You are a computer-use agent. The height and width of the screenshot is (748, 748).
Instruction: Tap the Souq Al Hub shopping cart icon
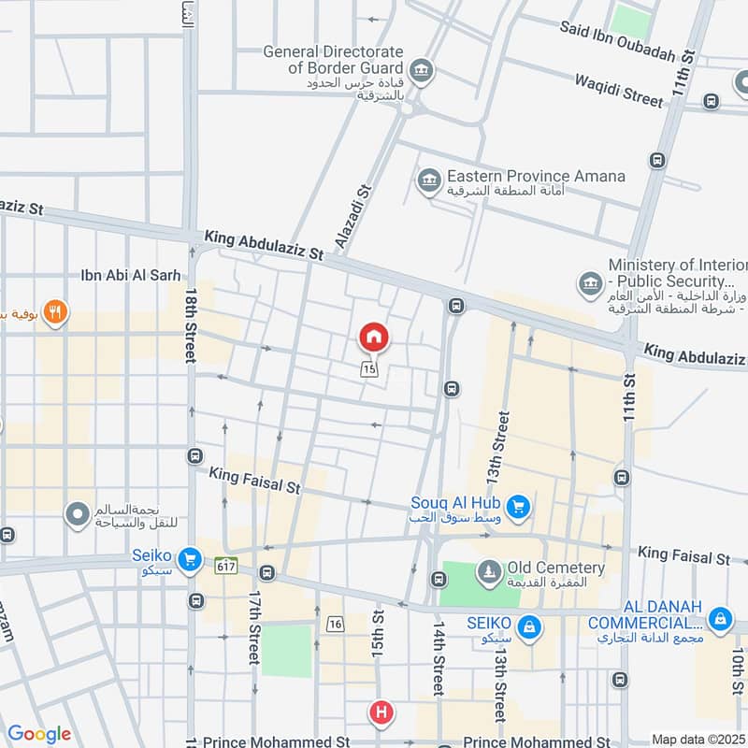pyautogui.click(x=521, y=509)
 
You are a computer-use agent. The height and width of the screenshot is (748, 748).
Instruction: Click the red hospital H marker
pyautogui.click(x=381, y=713)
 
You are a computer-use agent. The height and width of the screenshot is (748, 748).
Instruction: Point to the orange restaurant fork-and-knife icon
pyautogui.click(x=56, y=312)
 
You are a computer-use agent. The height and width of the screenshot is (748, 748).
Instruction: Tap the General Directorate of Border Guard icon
pyautogui.click(x=421, y=68)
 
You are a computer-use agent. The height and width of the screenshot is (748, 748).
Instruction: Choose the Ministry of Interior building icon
pyautogui.click(x=590, y=281)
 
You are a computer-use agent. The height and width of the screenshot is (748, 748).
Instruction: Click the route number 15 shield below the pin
pyautogui.click(x=370, y=370)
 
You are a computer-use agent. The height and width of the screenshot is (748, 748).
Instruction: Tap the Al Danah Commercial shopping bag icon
pyautogui.click(x=719, y=619)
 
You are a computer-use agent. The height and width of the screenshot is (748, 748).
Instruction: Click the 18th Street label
pyautogui.click(x=191, y=325)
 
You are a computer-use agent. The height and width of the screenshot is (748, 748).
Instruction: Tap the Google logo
pyautogui.click(x=39, y=735)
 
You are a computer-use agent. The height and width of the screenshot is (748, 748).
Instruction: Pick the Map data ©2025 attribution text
pyautogui.click(x=698, y=740)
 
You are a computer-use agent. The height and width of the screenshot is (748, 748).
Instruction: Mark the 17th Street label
pyautogui.click(x=253, y=626)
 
